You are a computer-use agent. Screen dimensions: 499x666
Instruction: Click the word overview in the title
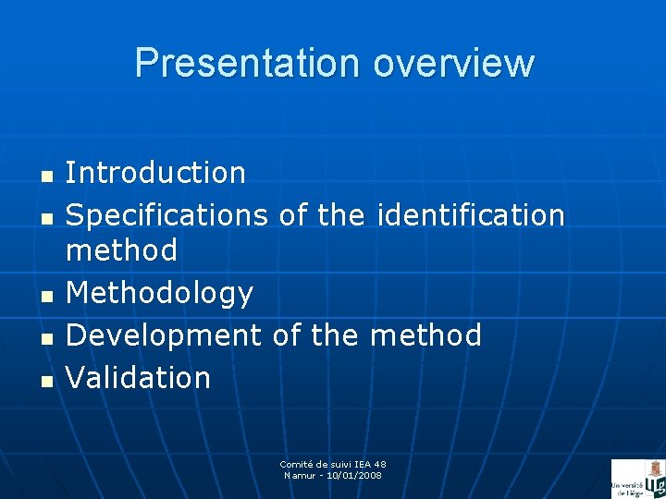pos(453,63)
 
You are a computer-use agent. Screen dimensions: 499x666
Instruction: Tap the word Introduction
pos(155,172)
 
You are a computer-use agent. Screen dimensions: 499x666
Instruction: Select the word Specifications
pos(166,215)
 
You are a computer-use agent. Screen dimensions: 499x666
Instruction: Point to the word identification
pos(470,215)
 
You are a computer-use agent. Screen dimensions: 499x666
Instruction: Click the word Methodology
pos(159,293)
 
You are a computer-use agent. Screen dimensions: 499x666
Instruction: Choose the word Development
pos(164,335)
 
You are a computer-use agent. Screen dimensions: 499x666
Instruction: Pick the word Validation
pos(139,377)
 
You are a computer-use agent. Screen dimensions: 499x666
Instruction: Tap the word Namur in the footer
pos(299,475)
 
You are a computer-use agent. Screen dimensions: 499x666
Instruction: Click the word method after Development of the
pos(425,335)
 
